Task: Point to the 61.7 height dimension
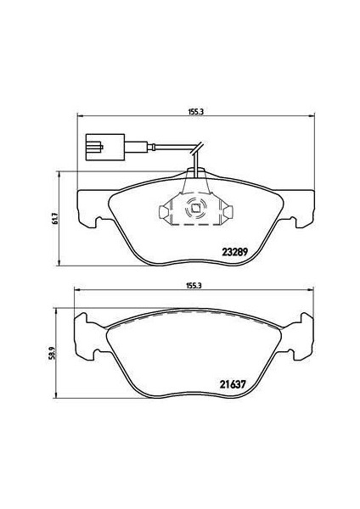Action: pos(53,217)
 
